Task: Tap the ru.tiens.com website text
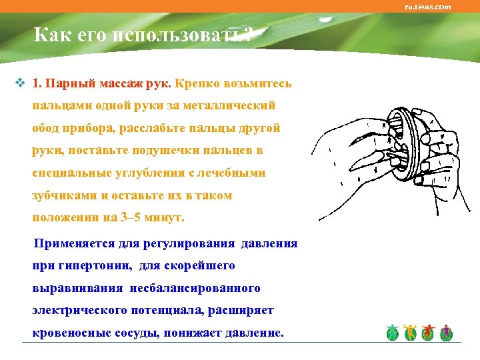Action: (x=428, y=7)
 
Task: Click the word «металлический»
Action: (x=228, y=105)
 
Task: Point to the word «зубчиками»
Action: (x=64, y=196)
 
